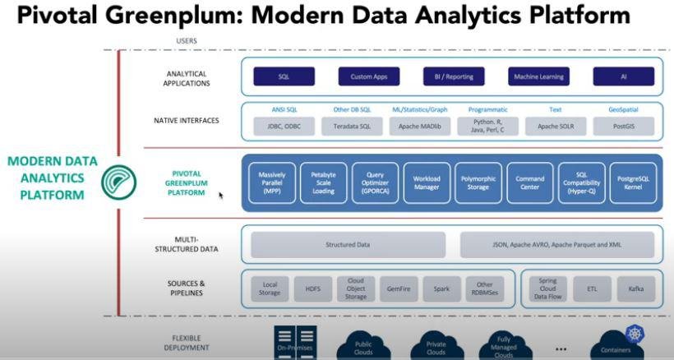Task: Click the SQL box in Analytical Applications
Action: click(284, 76)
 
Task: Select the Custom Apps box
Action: click(368, 76)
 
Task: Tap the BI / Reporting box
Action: click(453, 76)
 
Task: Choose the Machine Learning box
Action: click(538, 76)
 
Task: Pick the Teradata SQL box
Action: click(352, 127)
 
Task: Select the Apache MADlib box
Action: click(419, 127)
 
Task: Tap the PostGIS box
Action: click(623, 127)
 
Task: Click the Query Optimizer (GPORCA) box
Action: click(375, 182)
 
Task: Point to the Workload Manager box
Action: click(427, 182)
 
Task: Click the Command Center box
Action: click(529, 182)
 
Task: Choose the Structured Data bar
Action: click(348, 245)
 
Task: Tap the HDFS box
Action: click(314, 289)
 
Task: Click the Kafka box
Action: click(635, 289)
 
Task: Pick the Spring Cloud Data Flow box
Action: click(548, 289)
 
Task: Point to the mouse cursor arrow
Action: click(221, 196)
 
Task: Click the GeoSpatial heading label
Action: click(623, 109)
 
